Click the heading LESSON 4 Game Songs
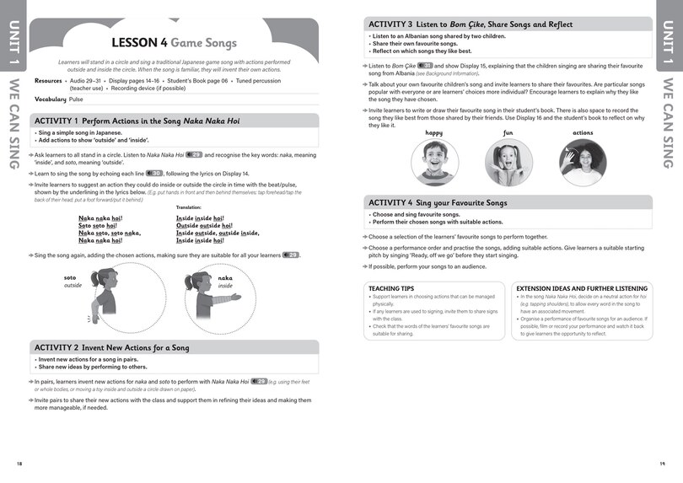coord(174,42)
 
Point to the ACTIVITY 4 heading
coord(438,202)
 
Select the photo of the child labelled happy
coord(433,162)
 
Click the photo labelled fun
coord(508,162)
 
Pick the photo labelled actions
coord(583,162)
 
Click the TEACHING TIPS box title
coord(390,288)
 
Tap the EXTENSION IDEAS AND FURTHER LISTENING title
coord(582,288)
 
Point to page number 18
coord(19,464)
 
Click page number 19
coord(662,464)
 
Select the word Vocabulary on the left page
coord(51,99)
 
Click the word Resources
coord(48,81)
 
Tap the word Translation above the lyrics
coord(189,207)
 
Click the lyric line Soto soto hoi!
coord(97,225)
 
